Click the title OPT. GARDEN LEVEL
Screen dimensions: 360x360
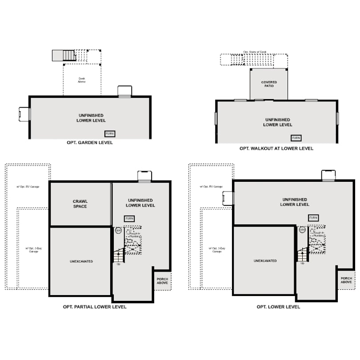tap(89, 143)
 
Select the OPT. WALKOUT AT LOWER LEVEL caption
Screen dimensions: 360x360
tap(276, 148)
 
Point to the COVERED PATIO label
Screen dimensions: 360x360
tap(269, 84)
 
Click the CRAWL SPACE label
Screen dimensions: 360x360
tap(80, 204)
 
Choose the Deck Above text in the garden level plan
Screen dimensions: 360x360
tap(82, 80)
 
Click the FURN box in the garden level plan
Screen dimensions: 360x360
tap(109, 133)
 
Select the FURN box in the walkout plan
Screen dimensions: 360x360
tap(296, 138)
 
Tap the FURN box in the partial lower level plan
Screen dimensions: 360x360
tap(129, 219)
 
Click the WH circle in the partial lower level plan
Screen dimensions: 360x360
tap(118, 231)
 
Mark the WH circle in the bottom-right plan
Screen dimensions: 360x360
tap(302, 230)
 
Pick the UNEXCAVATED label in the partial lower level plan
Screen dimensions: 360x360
tap(81, 261)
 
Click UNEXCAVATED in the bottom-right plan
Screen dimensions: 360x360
tap(265, 261)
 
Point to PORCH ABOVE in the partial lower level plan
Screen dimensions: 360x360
tap(162, 282)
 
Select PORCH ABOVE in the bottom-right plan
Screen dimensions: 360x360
tap(346, 280)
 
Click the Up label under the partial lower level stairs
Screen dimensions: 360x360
tap(119, 264)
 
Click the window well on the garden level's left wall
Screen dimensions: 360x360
tap(24, 114)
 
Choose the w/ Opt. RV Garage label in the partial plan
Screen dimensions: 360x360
tap(29, 187)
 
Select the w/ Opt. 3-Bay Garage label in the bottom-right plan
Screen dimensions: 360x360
tap(217, 250)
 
